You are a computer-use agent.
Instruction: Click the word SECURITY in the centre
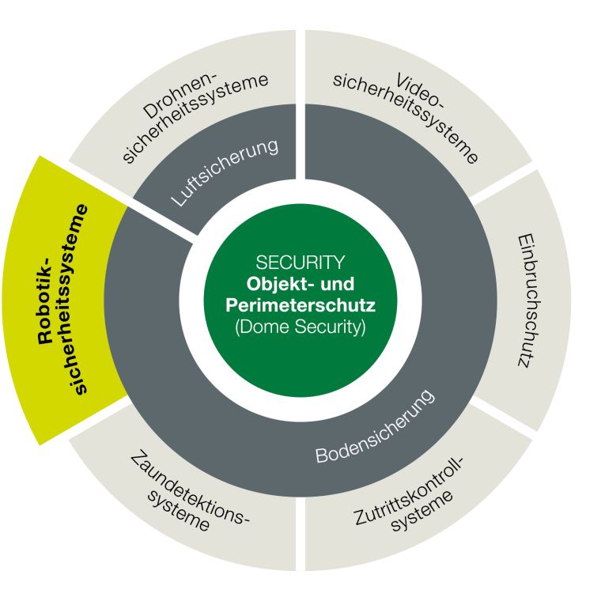pyautogui.click(x=300, y=263)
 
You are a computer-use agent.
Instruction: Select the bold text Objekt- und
pyautogui.click(x=300, y=284)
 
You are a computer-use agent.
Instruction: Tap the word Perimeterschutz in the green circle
pyautogui.click(x=300, y=305)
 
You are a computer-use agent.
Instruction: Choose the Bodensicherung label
pyautogui.click(x=376, y=428)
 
